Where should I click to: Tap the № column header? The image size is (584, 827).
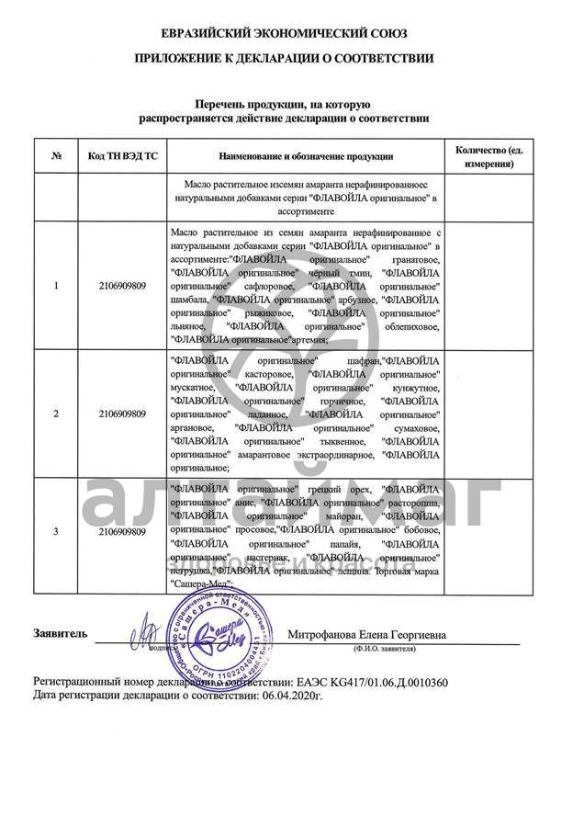(56, 156)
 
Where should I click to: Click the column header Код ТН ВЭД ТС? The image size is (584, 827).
(123, 156)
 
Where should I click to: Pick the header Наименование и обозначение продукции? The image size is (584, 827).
(307, 156)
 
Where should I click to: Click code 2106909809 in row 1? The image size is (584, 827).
(123, 286)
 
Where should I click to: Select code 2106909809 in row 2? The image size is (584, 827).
(123, 413)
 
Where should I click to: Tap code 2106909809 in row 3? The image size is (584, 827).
(123, 532)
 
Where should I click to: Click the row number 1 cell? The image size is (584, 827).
(56, 286)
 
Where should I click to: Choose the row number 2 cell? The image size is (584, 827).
(56, 413)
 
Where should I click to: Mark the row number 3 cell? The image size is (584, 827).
(56, 532)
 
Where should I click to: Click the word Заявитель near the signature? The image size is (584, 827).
(61, 633)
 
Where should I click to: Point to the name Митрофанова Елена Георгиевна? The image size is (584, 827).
(367, 634)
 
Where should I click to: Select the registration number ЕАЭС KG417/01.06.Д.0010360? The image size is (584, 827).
(368, 683)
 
